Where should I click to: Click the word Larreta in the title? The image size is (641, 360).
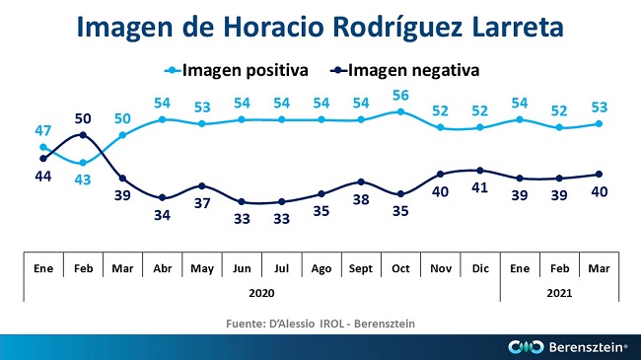pos(518,27)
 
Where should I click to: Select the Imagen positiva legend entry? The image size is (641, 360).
pos(236,70)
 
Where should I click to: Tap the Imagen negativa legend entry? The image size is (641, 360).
pos(404,70)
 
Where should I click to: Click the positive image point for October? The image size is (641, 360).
pos(400,111)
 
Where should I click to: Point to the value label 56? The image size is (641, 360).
pos(400,96)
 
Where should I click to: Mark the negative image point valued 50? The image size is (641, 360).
pos(83,134)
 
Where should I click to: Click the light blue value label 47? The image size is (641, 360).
pos(43,130)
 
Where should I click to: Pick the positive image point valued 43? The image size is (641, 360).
pos(83,163)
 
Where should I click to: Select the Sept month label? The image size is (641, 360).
pos(361,269)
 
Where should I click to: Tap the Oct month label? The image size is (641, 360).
pos(400,269)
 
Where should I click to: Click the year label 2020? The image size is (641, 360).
pos(261,293)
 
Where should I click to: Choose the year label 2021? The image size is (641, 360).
pos(559,293)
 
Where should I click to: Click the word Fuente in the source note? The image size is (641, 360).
pos(246,324)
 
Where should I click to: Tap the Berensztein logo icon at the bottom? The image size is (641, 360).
pos(526,347)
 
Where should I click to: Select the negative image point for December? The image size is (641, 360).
pos(480,171)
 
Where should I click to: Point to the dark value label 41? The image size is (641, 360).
pos(480,187)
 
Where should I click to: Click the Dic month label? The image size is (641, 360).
pos(480,269)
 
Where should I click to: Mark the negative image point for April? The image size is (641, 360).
pos(163,198)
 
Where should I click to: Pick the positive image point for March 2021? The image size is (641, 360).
pos(599,123)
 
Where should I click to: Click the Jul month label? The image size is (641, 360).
pos(282,269)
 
